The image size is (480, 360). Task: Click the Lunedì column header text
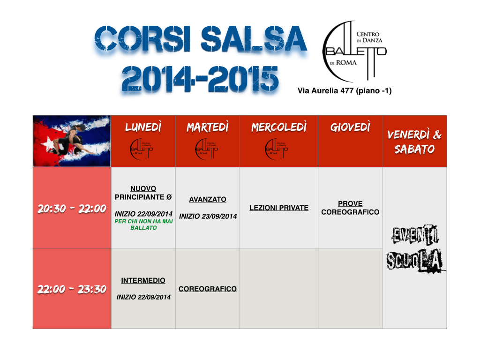tap(143, 127)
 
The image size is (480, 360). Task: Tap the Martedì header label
tap(208, 127)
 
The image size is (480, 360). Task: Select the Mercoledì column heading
tap(279, 127)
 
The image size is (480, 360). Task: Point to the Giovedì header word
tap(350, 127)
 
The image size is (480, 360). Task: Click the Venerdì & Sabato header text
tap(414, 142)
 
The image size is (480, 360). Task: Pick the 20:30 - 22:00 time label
tap(72, 209)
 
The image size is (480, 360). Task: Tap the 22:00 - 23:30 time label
tap(72, 289)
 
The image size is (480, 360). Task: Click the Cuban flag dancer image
tap(72, 141)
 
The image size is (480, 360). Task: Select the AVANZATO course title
tap(208, 199)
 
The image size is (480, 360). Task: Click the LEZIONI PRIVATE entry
tap(279, 208)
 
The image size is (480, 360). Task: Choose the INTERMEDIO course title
tap(143, 280)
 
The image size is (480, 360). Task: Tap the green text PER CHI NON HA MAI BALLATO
tap(143, 225)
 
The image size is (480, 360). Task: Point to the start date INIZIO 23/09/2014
tap(208, 217)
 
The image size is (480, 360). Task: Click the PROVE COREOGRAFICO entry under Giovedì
tap(350, 208)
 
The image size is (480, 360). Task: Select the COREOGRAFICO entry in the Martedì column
tap(208, 289)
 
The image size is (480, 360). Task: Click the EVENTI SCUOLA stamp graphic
tap(415, 248)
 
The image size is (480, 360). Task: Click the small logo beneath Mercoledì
tap(277, 149)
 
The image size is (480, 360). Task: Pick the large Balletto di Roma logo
tap(354, 51)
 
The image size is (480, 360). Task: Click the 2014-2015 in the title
tap(200, 79)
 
